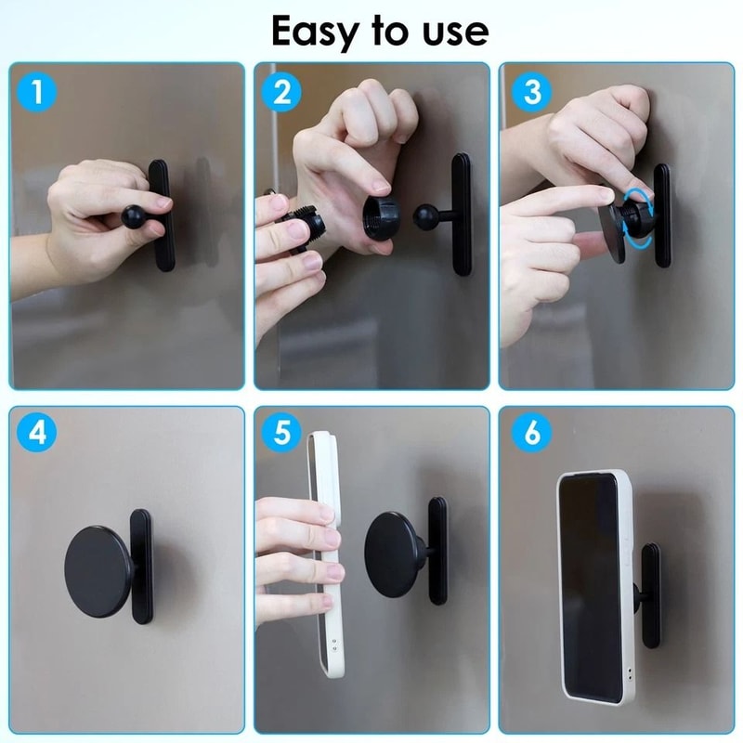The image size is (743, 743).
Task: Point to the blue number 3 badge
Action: (x=529, y=90)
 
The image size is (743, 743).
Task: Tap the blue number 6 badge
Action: (x=529, y=434)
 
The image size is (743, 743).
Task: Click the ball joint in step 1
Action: (x=134, y=219)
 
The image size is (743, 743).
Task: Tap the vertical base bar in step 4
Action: (x=141, y=568)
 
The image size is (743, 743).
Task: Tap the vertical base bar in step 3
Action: (x=661, y=215)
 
